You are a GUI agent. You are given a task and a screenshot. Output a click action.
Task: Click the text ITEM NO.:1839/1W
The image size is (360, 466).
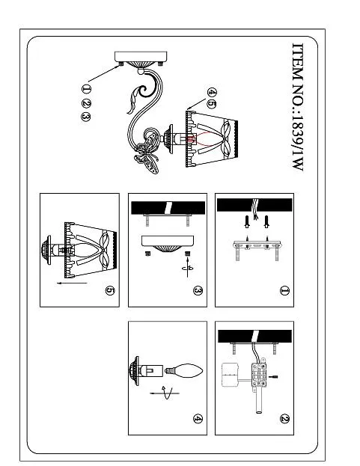point(298,107)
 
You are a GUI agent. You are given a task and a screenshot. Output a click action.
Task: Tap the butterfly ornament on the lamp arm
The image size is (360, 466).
point(147,152)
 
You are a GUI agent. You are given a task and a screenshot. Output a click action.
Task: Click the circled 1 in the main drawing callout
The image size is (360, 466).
point(86,88)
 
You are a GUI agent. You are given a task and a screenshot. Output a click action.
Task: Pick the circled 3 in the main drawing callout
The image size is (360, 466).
point(86,117)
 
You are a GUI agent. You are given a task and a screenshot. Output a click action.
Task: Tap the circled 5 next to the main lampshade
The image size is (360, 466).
point(211,104)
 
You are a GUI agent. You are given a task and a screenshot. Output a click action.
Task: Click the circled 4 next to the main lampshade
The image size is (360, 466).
point(211,93)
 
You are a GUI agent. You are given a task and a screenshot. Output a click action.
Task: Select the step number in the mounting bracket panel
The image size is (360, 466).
point(284,291)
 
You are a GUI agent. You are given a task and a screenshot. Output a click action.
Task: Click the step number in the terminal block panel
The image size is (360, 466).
point(284,419)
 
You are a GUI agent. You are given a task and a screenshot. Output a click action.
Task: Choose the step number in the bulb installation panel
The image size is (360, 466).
point(198,419)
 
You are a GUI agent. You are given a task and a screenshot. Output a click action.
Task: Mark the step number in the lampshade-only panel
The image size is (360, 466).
point(110,291)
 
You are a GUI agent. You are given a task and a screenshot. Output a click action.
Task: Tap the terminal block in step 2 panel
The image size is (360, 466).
point(259,375)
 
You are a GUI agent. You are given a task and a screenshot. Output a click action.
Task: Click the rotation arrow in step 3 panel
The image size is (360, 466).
point(188,268)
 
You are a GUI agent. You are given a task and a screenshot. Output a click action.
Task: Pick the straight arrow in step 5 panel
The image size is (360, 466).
point(72,283)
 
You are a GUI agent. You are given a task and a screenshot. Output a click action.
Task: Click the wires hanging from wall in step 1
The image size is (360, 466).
point(254,209)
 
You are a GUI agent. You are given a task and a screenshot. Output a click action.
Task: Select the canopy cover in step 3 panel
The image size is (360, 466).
point(168,244)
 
